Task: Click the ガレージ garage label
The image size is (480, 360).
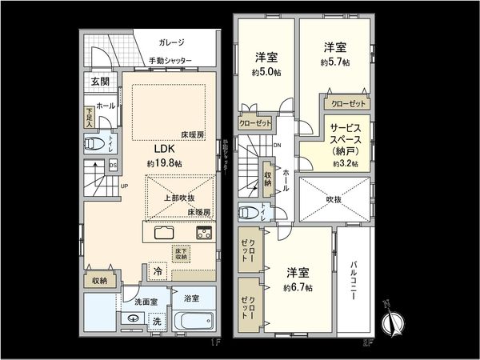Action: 171,43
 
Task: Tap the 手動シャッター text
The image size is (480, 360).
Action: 170,61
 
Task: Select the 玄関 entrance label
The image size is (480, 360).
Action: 99,82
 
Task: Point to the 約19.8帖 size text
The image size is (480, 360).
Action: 164,163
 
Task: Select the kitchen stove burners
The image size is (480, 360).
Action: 203,234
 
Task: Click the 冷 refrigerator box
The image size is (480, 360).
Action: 158,271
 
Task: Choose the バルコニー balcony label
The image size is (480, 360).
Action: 354,279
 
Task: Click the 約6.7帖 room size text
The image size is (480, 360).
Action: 298,287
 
